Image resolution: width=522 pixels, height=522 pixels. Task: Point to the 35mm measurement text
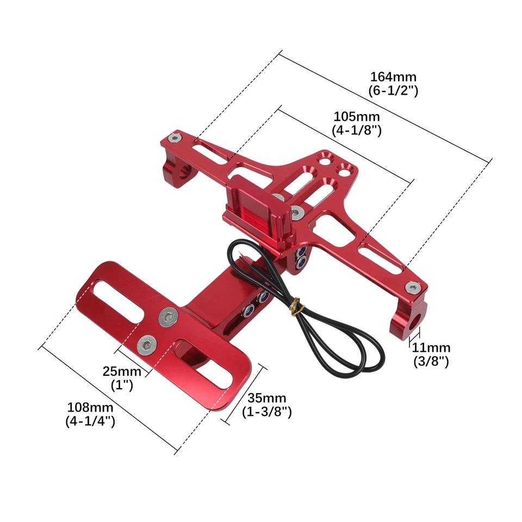pyautogui.click(x=267, y=399)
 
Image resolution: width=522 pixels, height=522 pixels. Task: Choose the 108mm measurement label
pyautogui.click(x=90, y=407)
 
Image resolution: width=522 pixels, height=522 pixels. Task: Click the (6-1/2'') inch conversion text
pyautogui.click(x=393, y=91)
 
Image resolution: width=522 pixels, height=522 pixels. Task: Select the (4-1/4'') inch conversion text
pyautogui.click(x=90, y=421)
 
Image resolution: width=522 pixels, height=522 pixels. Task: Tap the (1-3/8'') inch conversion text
pyautogui.click(x=267, y=412)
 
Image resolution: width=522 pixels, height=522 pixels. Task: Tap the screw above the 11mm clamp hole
pyautogui.click(x=415, y=286)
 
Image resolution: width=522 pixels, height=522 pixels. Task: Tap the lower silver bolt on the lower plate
pyautogui.click(x=147, y=344)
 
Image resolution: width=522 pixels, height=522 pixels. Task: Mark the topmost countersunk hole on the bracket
pyautogui.click(x=325, y=158)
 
